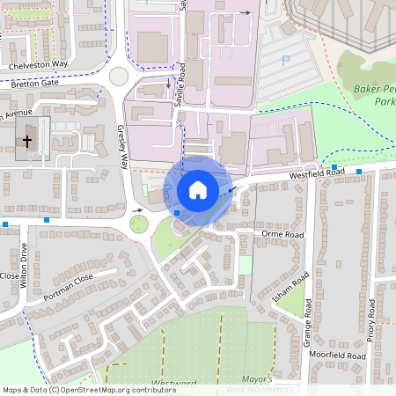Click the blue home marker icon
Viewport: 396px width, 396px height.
(198, 189)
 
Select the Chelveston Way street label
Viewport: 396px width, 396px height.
(39, 65)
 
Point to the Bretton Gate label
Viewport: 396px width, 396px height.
(32, 82)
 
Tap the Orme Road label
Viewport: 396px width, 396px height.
(282, 235)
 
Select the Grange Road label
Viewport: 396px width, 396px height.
(309, 320)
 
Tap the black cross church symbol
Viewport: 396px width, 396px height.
(27, 140)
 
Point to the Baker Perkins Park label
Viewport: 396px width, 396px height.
(373, 95)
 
